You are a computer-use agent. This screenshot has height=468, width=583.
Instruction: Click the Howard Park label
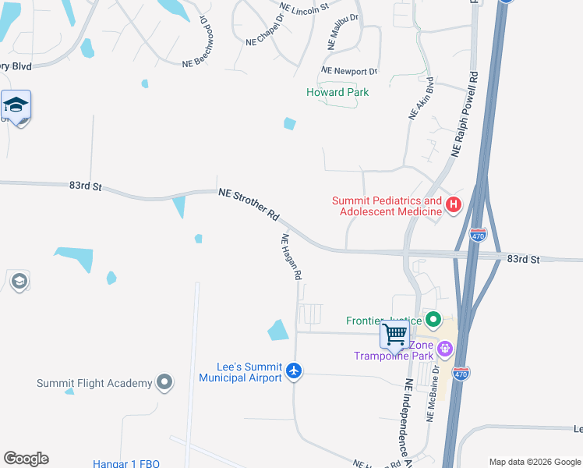point(337,92)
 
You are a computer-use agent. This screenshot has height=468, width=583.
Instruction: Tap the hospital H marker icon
point(454,205)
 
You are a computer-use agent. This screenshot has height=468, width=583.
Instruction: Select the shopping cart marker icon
point(394,335)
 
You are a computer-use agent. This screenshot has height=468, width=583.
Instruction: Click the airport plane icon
point(293,370)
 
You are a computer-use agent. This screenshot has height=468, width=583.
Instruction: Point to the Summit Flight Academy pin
point(164,382)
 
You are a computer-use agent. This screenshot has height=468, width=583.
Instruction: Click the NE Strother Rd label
point(249,203)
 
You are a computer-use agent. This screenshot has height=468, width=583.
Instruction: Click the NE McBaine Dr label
point(433,395)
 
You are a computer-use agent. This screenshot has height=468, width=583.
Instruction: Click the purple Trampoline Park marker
point(445,348)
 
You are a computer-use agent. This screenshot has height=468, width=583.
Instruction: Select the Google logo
point(26,459)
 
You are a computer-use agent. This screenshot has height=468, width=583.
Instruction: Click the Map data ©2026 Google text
point(535,462)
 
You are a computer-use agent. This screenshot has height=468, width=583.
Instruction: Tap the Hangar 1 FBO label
point(126,463)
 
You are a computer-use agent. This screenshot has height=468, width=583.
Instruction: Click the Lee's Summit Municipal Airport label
point(240,373)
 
